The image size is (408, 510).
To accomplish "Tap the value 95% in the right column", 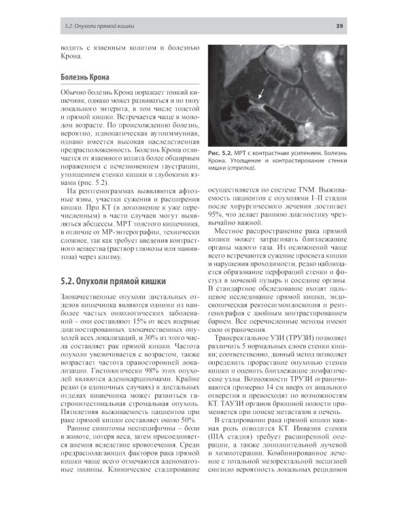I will [218, 214].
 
